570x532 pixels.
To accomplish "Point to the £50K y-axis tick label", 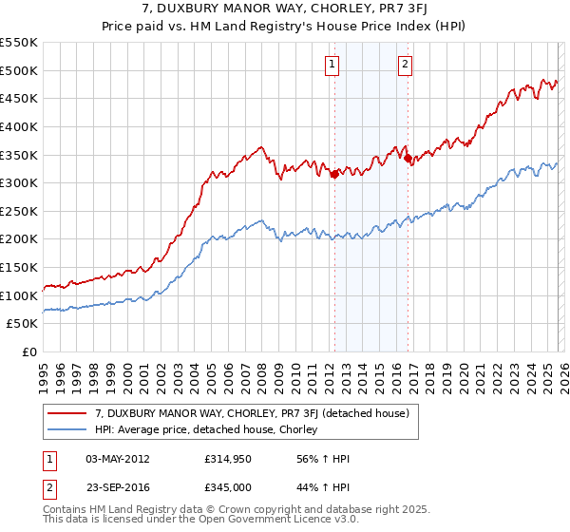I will pos(21,324).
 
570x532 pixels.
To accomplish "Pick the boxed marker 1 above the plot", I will pos(332,65).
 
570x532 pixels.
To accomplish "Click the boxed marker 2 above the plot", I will pos(405,65).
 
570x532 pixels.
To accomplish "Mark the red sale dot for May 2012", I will pos(334,174).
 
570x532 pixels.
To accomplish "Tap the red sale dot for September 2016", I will pos(408,159).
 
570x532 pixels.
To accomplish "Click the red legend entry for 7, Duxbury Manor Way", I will pos(252,413).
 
